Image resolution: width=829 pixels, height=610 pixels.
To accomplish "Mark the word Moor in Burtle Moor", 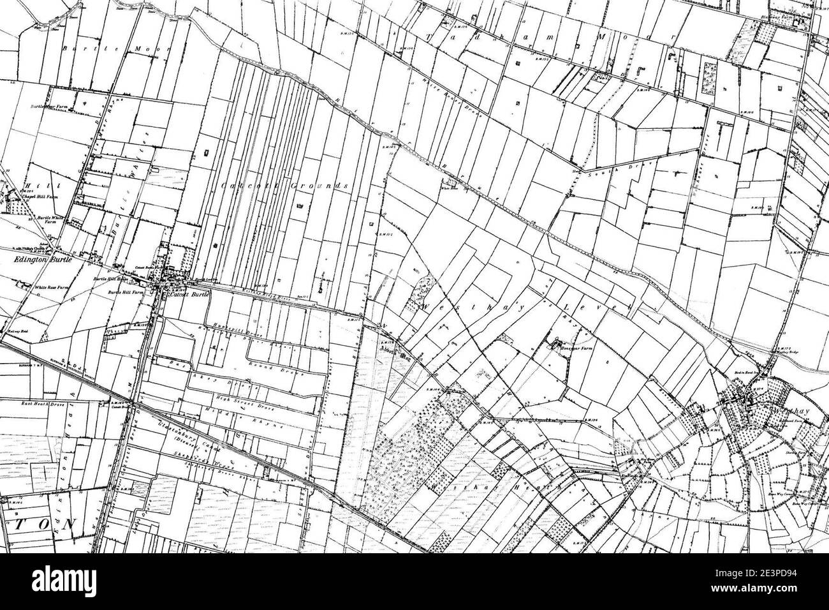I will [x=151, y=48].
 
